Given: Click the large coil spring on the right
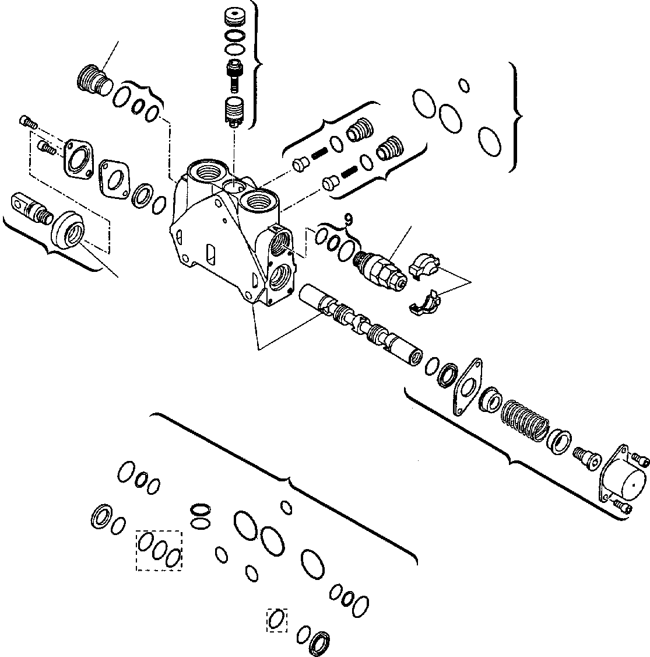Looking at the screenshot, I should (x=525, y=419).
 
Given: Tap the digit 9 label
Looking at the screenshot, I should (x=348, y=219).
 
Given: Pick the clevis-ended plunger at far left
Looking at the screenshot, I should (x=30, y=207).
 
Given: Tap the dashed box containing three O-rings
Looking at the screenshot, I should (x=159, y=550).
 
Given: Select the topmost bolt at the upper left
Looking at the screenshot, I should (x=28, y=121).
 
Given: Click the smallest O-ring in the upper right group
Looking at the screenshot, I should (x=464, y=85).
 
